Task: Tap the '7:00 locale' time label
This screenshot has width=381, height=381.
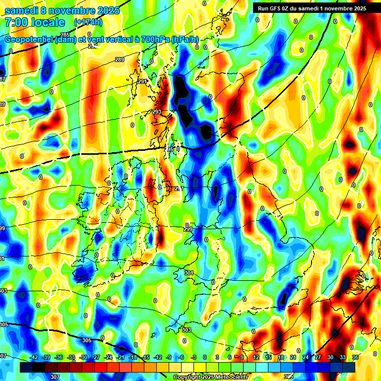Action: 35,22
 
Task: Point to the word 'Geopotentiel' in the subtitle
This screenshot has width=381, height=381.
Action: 29,40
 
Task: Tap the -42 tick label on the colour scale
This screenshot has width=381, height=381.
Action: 34,357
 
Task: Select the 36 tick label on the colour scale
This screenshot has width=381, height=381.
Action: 355,357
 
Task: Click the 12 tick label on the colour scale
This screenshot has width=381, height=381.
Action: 256,357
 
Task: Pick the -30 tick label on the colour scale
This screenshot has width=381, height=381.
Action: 84,357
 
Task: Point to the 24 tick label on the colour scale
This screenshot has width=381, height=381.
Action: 306,357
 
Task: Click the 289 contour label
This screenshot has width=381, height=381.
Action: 120,60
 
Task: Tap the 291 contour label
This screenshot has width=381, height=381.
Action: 142,81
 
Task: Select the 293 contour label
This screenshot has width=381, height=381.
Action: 157,112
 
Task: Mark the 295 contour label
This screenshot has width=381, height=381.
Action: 169,149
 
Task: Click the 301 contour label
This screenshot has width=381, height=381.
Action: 189,273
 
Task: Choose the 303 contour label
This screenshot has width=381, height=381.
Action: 187,330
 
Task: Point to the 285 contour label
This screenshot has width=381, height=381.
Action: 65,34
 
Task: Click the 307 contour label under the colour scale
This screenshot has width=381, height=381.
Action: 55,377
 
